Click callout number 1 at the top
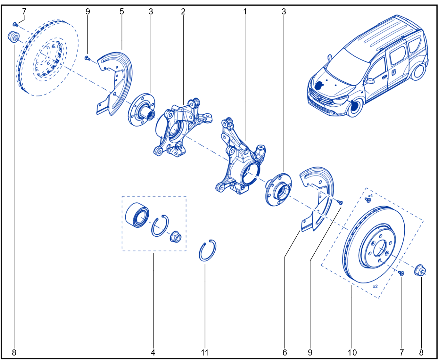coord(245,12)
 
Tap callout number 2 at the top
coord(183,12)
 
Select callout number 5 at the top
coord(122,12)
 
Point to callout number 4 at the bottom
coord(153,353)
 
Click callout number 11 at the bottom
coord(204,353)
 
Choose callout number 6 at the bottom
coord(285,353)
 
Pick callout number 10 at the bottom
coord(352,353)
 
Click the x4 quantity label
coord(370,195)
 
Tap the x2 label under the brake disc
coord(375,286)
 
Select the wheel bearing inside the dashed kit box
coord(137,215)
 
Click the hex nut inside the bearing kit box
coord(176,237)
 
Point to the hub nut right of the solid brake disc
coord(420,270)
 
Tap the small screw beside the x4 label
coord(368,200)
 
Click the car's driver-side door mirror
coord(369,81)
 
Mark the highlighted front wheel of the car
coord(355,107)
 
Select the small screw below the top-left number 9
coord(87,58)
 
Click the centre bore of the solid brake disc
coord(380,248)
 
